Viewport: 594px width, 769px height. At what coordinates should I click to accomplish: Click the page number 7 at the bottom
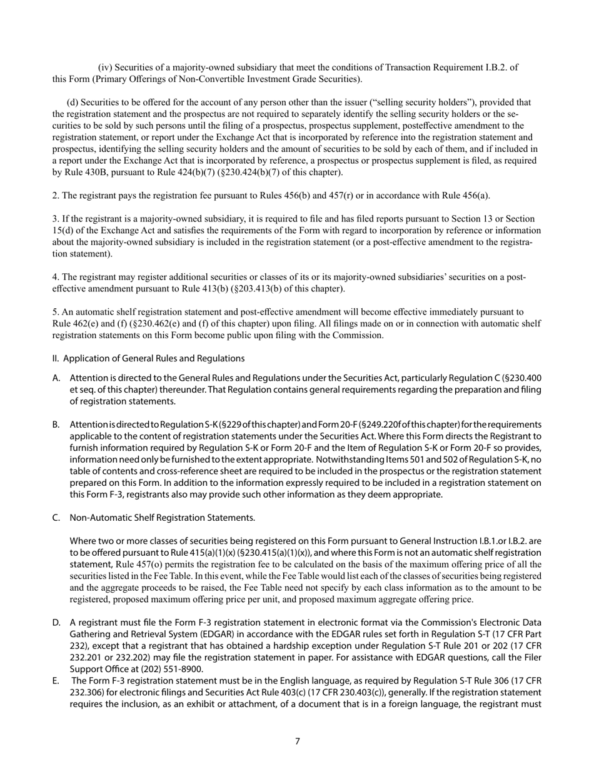(297, 741)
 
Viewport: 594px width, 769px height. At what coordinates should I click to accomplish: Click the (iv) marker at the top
(105, 68)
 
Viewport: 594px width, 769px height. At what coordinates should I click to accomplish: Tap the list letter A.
(56, 378)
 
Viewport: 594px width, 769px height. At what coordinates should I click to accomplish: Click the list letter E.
(56, 681)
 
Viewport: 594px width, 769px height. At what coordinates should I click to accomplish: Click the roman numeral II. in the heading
(56, 358)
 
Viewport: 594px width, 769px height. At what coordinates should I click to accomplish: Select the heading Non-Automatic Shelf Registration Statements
(162, 518)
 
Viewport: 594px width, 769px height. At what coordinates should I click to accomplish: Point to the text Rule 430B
(86, 173)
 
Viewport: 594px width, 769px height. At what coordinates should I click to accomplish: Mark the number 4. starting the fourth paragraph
(56, 277)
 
